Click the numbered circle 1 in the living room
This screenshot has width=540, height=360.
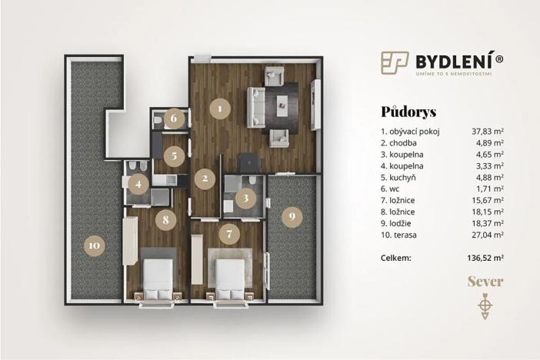[220, 108]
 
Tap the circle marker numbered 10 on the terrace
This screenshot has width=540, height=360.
[93, 245]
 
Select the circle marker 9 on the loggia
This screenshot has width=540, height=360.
[291, 217]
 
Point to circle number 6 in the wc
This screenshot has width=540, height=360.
[175, 118]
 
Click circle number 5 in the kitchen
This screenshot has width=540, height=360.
[175, 155]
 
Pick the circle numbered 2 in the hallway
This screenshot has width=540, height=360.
[205, 180]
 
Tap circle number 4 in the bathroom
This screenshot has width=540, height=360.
[138, 184]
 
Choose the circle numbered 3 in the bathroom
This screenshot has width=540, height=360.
[245, 198]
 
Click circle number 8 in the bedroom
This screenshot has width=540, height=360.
[165, 218]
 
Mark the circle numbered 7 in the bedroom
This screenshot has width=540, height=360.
[227, 232]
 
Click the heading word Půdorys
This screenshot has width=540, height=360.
[408, 112]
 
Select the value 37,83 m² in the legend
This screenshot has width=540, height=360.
[488, 132]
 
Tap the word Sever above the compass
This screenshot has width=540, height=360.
[485, 282]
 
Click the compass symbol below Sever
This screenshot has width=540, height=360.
[485, 306]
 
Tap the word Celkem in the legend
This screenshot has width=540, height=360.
[398, 258]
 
